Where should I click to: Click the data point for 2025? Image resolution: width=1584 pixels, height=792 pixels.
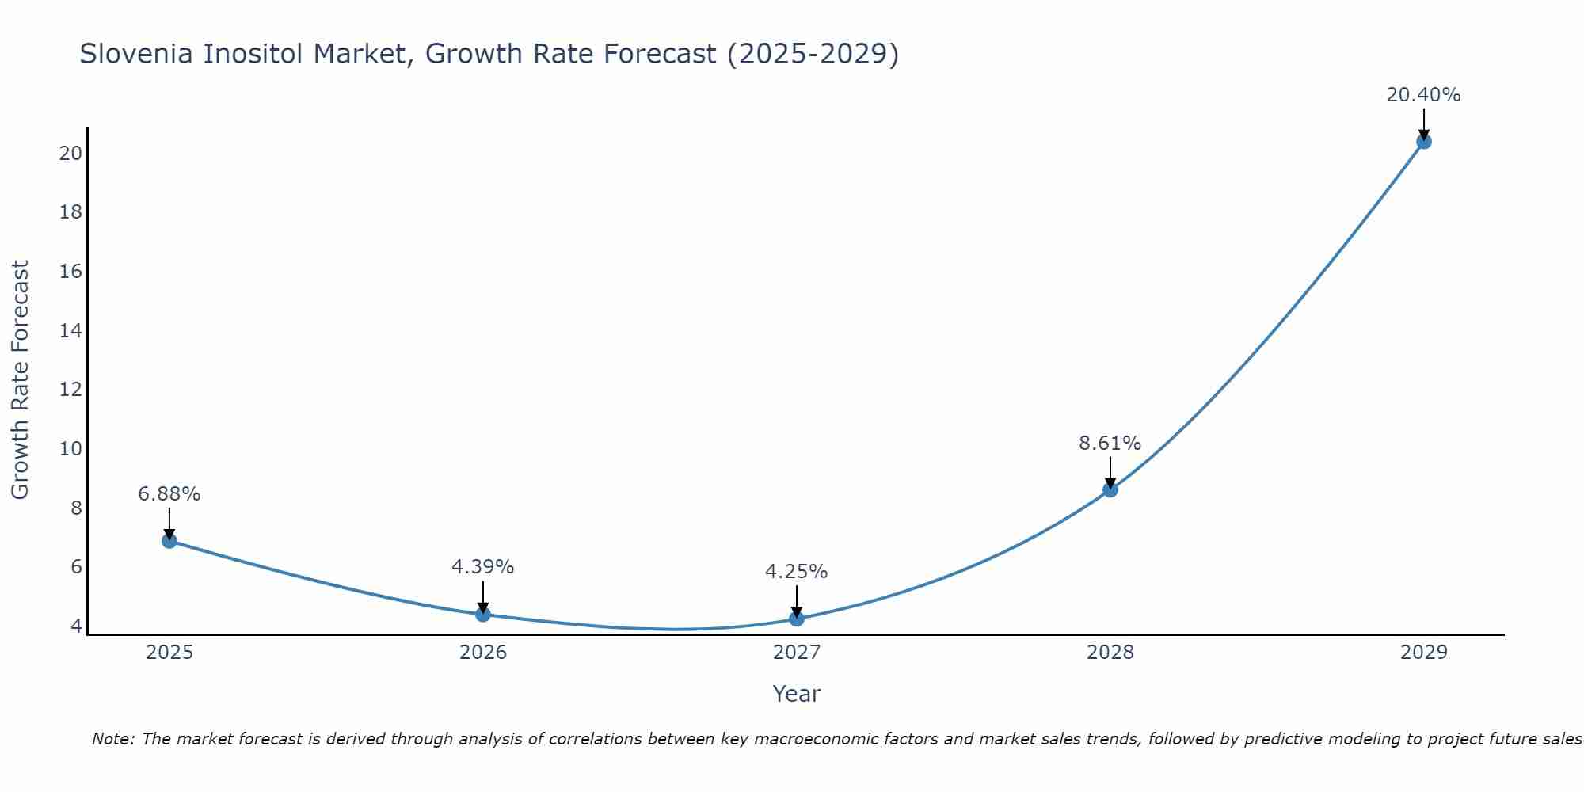169,541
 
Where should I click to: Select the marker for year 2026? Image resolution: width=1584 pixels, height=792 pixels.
483,614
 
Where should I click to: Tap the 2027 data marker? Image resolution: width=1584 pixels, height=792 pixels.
797,619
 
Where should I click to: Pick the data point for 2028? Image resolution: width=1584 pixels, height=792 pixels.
1110,489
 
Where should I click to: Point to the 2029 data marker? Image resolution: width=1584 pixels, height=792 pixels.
1423,142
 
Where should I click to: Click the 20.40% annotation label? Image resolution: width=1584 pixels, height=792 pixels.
1423,95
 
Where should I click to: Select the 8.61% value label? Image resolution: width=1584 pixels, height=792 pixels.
1110,444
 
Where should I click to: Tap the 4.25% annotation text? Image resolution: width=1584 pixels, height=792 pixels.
796,572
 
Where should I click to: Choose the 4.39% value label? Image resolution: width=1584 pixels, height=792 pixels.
482,567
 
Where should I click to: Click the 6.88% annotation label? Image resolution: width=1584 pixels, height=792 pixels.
169,494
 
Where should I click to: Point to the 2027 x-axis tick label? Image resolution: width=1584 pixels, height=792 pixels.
797,653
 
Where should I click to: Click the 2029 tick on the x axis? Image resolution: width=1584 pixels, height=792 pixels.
1423,653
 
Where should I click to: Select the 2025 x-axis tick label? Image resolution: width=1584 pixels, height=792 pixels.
169,653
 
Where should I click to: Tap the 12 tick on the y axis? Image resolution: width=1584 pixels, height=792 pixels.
70,390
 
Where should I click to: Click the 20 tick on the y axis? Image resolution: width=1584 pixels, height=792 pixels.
70,153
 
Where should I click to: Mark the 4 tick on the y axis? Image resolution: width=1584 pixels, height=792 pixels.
76,626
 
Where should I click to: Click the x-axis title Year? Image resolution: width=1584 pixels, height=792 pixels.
796,694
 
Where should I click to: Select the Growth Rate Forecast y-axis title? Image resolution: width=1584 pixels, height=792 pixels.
21,379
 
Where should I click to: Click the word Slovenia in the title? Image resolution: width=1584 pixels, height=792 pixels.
136,54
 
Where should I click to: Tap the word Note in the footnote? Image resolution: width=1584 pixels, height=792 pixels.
113,739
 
